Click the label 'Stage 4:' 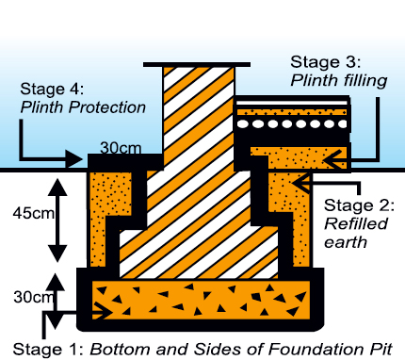[52, 89]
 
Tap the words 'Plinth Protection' [83, 107]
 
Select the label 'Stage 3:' [326, 62]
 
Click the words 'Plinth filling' [339, 80]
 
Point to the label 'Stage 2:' [359, 205]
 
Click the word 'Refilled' [356, 223]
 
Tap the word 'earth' [346, 242]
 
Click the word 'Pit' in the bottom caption [381, 349]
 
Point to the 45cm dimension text [34, 213]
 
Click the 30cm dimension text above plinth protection [121, 148]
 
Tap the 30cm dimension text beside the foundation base [33, 297]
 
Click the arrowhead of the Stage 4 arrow [74, 158]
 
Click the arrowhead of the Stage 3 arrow [332, 159]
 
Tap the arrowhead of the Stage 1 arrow [104, 312]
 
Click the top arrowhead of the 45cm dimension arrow [57, 187]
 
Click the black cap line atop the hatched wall [197, 65]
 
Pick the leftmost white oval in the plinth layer [243, 124]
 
